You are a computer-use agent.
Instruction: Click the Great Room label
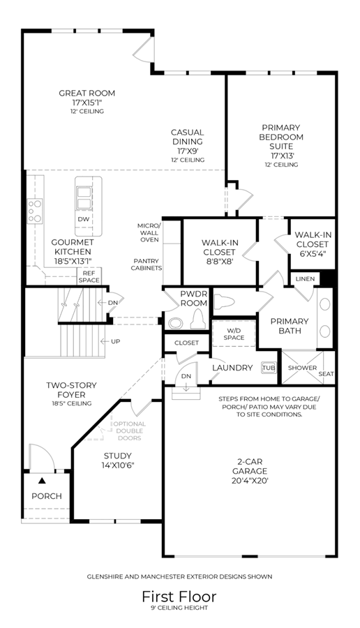tap(87, 94)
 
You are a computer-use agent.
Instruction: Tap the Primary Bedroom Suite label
tap(281, 137)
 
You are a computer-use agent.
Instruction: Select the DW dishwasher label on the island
tap(83, 219)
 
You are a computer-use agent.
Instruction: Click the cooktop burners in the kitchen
tap(35, 211)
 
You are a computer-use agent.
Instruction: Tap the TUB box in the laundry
tap(269, 368)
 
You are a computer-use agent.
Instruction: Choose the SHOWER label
tap(302, 368)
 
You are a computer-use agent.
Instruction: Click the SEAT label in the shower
tap(326, 374)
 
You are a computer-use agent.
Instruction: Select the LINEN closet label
tap(305, 278)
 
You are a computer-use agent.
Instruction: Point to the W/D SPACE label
tap(234, 334)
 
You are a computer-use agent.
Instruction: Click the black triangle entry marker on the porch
tap(42, 481)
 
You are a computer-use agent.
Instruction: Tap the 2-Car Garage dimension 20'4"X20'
tap(250, 481)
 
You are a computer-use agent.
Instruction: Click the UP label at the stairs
tap(115, 342)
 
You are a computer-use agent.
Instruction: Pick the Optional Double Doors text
tap(130, 431)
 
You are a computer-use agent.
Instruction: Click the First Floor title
tap(179, 597)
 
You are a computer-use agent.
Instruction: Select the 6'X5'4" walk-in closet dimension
tap(312, 253)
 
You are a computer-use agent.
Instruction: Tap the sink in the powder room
tap(175, 323)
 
